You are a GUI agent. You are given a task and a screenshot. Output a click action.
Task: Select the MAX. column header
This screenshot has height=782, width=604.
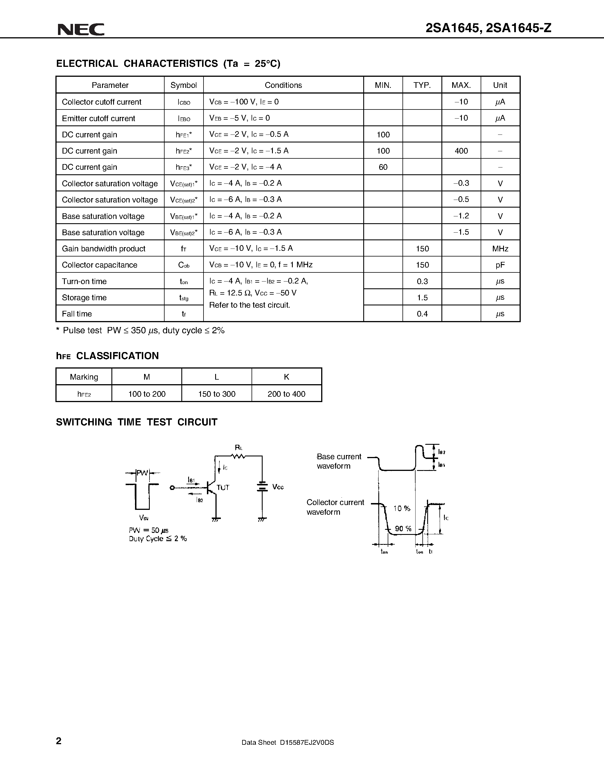click(461, 85)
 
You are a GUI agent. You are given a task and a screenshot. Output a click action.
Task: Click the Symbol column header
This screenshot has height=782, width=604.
click(184, 85)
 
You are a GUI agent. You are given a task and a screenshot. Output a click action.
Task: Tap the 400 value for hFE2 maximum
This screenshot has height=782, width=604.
click(461, 151)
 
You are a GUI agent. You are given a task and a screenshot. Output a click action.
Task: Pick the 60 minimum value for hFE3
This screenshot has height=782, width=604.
click(383, 167)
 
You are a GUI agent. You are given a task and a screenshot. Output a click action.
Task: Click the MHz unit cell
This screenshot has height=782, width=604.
click(500, 249)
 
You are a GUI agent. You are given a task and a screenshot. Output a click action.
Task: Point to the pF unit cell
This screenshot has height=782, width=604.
click(500, 265)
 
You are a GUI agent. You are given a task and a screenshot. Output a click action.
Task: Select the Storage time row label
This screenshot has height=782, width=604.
click(84, 297)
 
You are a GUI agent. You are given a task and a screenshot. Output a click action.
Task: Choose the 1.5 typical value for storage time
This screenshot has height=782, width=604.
click(422, 297)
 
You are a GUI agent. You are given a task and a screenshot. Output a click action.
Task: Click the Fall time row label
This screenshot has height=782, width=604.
click(76, 314)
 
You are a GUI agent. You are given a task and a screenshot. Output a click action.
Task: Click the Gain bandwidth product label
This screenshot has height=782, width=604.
click(103, 249)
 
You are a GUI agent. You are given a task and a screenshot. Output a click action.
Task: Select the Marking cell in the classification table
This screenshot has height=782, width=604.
click(84, 377)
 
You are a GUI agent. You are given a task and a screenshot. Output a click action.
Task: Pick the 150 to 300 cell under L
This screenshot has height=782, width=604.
click(217, 394)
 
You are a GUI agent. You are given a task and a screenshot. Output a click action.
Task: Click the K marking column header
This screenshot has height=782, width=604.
click(286, 377)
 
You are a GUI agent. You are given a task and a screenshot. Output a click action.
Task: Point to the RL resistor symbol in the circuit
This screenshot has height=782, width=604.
click(238, 456)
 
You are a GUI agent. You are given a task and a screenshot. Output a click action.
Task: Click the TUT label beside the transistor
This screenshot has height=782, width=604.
click(223, 487)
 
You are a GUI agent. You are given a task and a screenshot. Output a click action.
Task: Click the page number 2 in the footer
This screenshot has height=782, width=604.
click(59, 741)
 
